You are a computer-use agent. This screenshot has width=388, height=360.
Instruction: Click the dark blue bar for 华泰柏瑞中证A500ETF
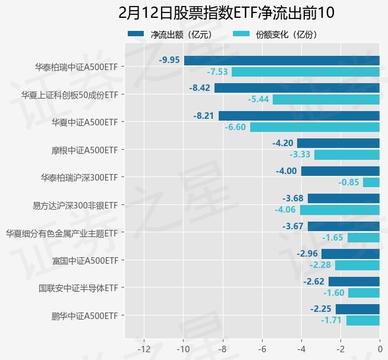pyautogui.click(x=282, y=60)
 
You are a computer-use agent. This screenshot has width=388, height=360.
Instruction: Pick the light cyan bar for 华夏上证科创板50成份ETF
pyautogui.click(x=326, y=99)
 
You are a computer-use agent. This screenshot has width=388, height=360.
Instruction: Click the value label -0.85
pyautogui.click(x=349, y=182)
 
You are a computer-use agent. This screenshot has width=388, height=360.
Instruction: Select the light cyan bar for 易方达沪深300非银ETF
pyautogui.click(x=339, y=210)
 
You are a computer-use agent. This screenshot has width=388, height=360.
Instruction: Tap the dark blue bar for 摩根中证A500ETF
pyautogui.click(x=338, y=143)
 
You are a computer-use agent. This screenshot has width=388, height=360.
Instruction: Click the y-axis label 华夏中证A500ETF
pyautogui.click(x=86, y=122)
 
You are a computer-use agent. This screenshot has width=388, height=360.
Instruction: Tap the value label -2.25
pyautogui.click(x=321, y=309)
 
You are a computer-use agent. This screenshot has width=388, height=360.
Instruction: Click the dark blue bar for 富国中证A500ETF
pyautogui.click(x=350, y=254)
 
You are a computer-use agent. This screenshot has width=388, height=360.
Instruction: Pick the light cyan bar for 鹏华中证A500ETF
pyautogui.click(x=362, y=321)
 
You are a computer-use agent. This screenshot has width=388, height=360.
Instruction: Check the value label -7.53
pyautogui.click(x=217, y=72)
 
